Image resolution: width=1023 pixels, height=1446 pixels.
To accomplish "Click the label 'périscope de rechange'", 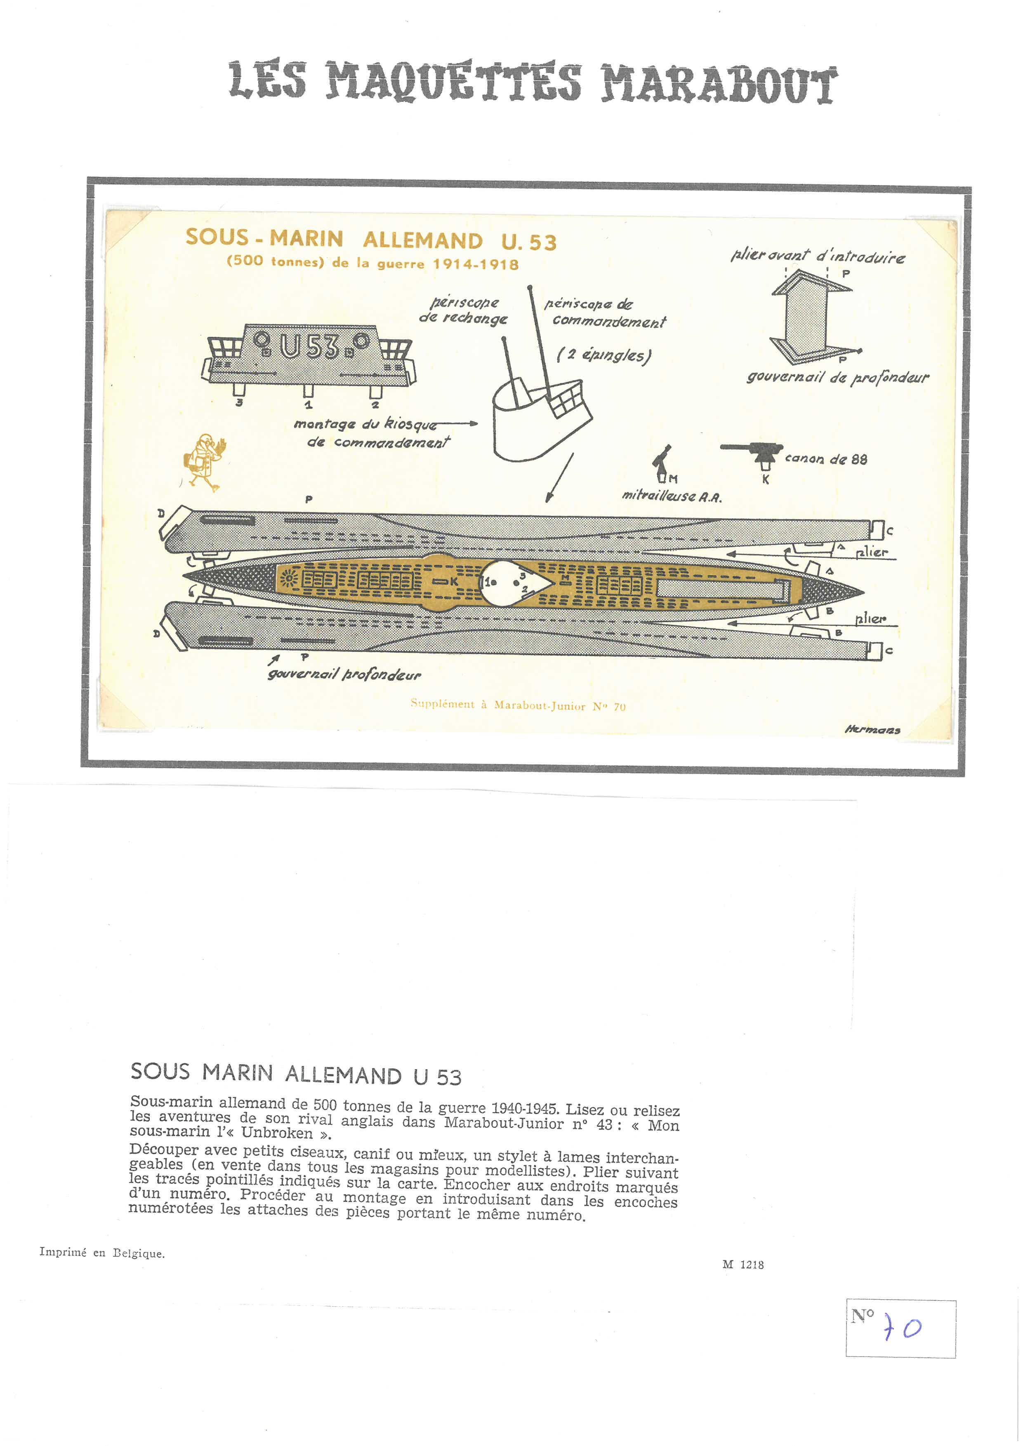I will [x=464, y=310].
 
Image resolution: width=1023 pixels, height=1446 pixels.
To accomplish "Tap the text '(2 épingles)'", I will [x=603, y=355].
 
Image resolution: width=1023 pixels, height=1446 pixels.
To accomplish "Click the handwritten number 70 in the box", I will [x=903, y=1328].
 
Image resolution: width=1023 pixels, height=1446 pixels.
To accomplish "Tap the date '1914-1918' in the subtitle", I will [x=476, y=264].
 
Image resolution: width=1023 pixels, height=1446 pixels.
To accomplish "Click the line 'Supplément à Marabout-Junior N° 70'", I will [x=518, y=705].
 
